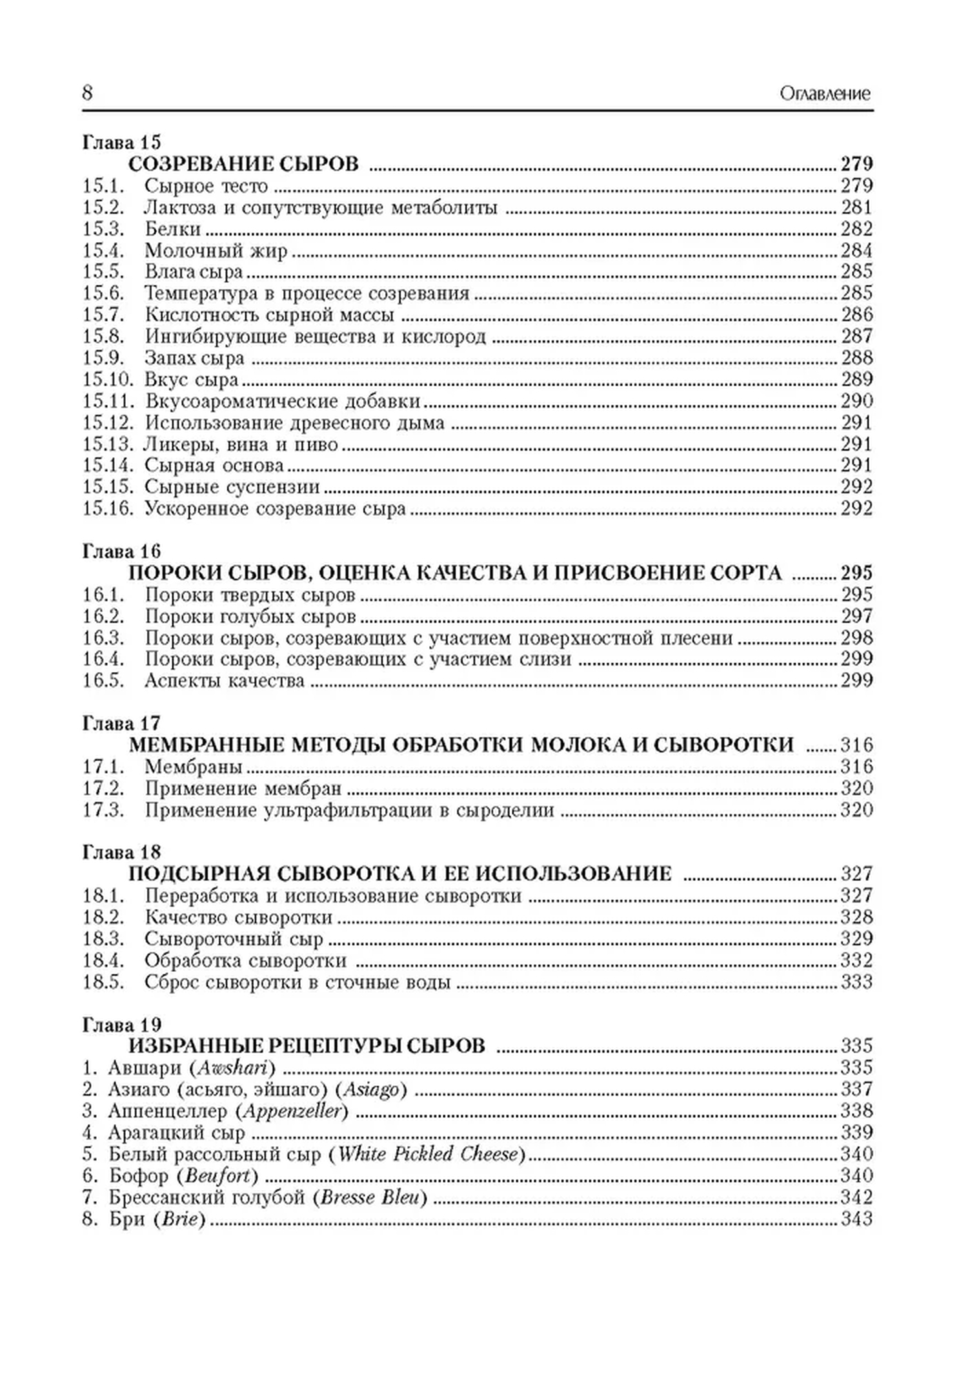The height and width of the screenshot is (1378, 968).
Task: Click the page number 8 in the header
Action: (x=88, y=94)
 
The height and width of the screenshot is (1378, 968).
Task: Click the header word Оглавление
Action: (x=825, y=94)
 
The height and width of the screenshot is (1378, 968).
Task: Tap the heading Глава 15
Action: (x=121, y=142)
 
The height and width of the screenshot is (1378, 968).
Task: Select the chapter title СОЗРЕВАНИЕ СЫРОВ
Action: (x=243, y=164)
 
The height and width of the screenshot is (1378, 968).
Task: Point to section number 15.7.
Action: (x=103, y=315)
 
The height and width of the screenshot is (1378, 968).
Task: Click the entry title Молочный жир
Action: (x=216, y=251)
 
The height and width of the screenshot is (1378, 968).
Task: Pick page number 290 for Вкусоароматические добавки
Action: (x=856, y=401)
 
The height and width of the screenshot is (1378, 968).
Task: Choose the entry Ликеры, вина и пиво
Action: (x=241, y=444)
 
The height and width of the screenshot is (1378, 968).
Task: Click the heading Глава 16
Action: (x=121, y=551)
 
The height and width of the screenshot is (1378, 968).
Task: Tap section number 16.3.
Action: (x=103, y=638)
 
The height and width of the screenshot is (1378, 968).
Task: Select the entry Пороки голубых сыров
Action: (x=250, y=617)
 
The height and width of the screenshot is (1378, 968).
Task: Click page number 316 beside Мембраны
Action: (x=856, y=767)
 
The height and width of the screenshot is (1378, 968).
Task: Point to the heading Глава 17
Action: (x=121, y=724)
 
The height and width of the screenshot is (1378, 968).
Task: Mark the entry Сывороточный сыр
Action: (x=234, y=939)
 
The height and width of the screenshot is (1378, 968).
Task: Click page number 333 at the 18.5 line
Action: (x=856, y=982)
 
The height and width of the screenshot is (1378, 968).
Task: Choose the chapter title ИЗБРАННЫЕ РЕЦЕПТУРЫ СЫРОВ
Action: (x=307, y=1046)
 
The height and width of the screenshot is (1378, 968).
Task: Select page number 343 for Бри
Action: (x=856, y=1219)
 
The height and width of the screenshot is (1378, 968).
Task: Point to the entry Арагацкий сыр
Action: (x=177, y=1133)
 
